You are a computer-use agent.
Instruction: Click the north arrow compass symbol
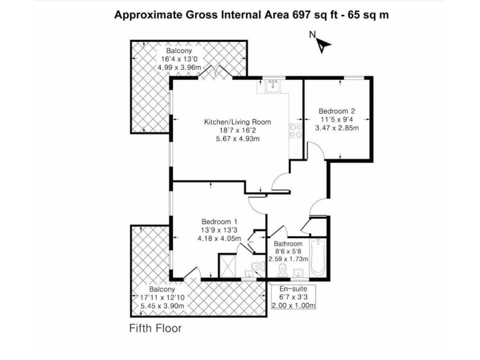(322, 44)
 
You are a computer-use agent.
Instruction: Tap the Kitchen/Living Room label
(238, 122)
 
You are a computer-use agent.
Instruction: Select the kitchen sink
(272, 87)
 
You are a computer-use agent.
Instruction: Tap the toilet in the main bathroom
(282, 269)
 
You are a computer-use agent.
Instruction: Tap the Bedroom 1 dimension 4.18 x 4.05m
(219, 238)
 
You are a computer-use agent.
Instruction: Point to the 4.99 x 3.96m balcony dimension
(179, 67)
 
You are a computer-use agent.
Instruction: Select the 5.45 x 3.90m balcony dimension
(162, 306)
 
